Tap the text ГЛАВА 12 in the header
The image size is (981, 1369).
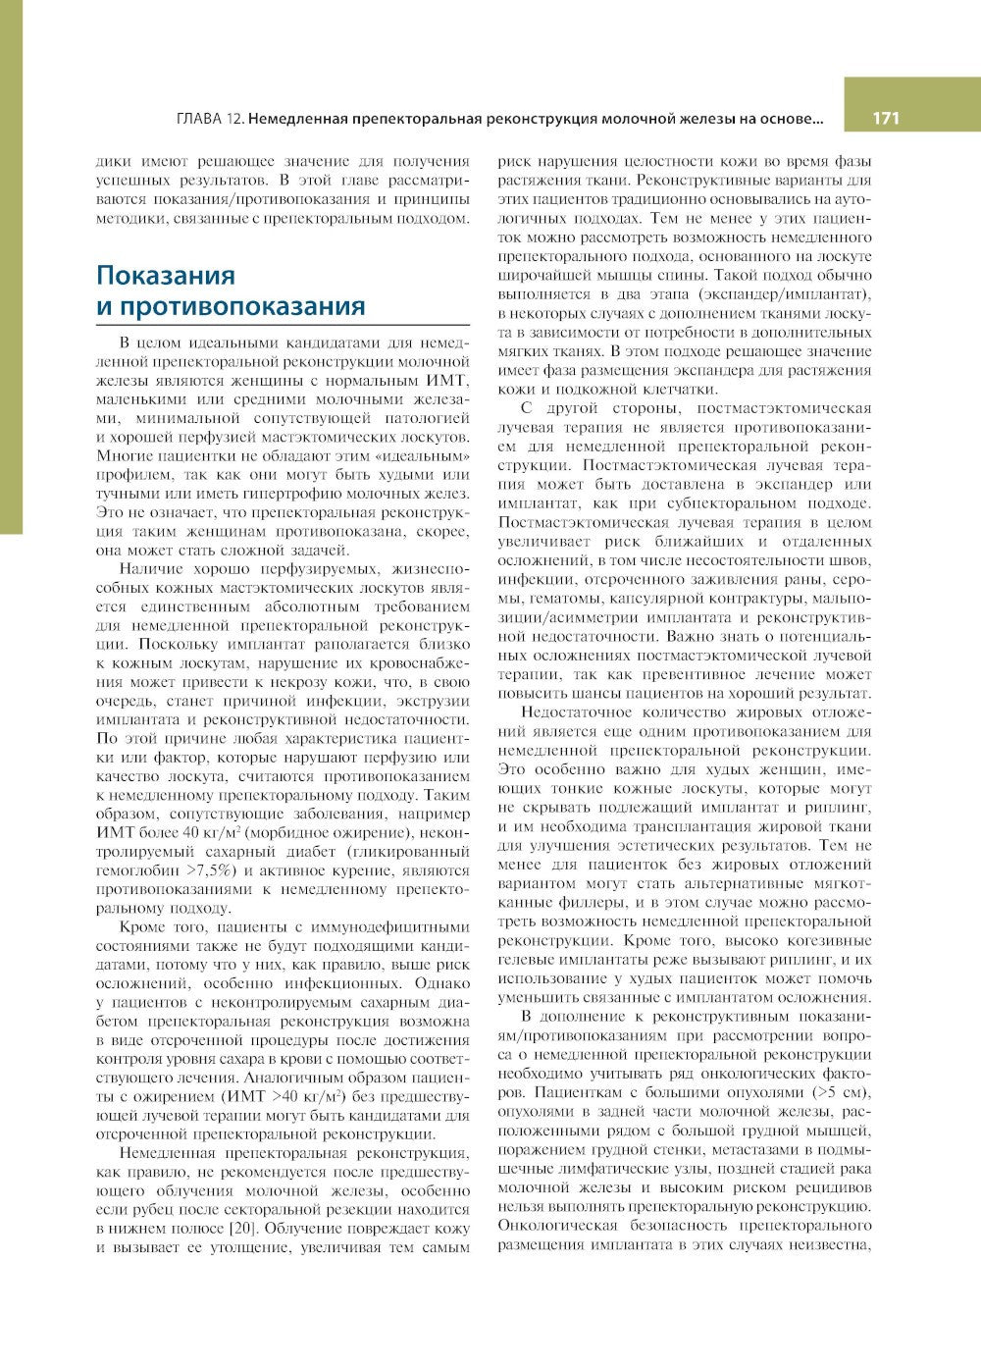click(210, 120)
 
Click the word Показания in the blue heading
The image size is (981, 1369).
click(165, 275)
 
